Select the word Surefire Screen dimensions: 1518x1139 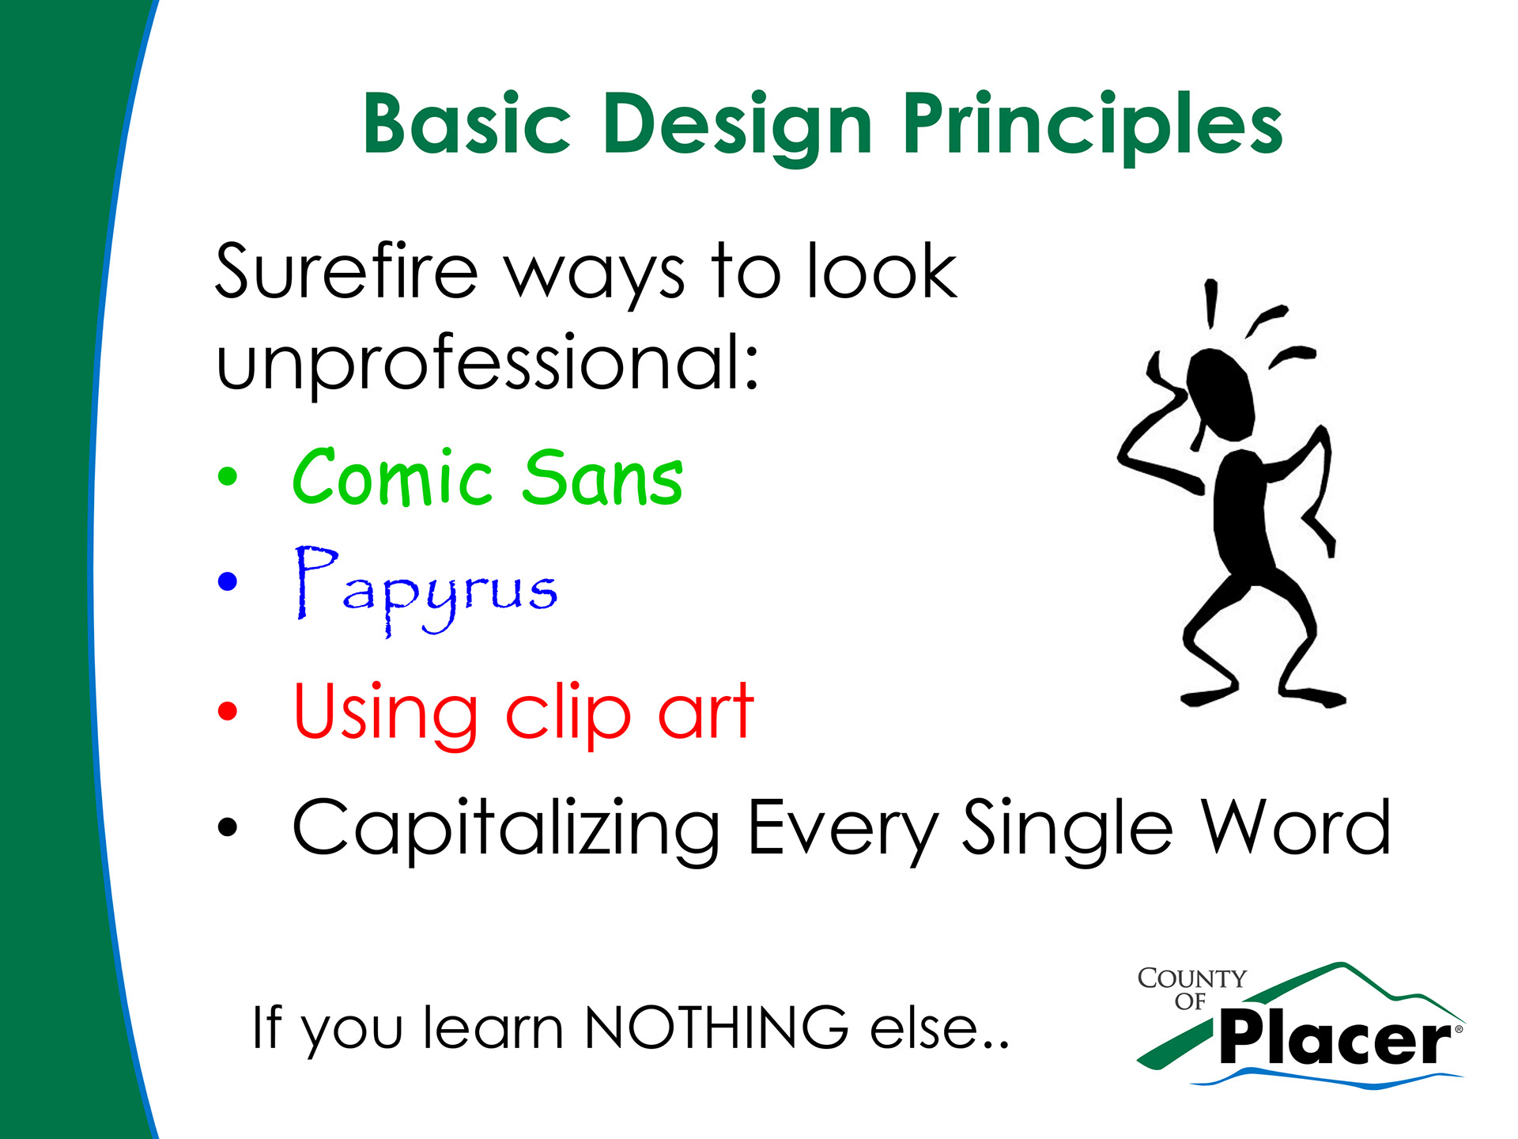(347, 271)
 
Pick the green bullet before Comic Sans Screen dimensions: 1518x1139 (227, 476)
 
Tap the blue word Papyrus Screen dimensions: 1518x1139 (426, 590)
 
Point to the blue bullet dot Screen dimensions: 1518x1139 (227, 582)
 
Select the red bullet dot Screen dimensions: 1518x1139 (227, 710)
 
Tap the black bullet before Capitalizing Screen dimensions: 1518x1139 (227, 827)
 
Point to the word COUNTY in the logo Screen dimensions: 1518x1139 (1191, 978)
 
